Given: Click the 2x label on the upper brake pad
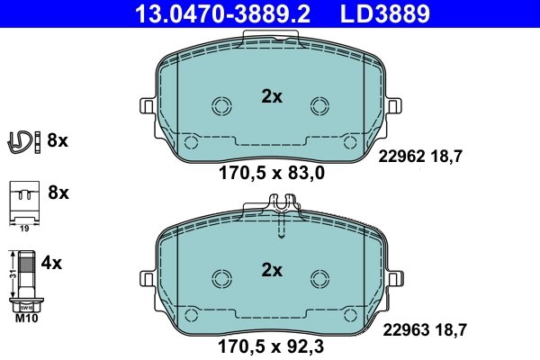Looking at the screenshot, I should click(272, 97).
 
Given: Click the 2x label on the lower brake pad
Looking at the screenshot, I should click(272, 269).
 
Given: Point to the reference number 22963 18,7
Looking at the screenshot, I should click(424, 330).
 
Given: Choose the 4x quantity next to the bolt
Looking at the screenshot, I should click(52, 264).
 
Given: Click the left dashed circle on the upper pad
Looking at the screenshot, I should click(221, 106).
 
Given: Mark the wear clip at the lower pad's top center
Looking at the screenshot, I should click(283, 216).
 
